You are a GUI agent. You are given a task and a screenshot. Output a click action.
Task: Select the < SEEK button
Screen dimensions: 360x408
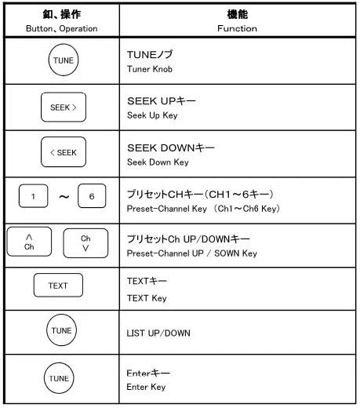(60, 152)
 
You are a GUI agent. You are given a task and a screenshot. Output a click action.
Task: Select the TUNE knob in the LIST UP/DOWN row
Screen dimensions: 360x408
(60, 331)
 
